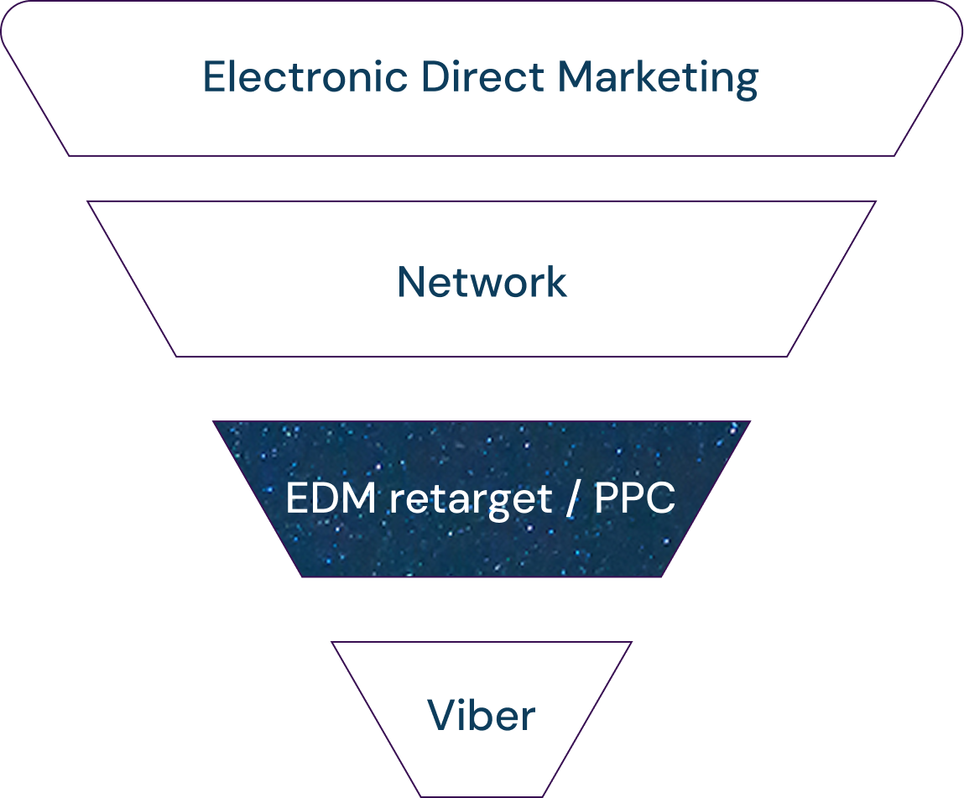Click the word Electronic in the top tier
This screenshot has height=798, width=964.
pyautogui.click(x=305, y=78)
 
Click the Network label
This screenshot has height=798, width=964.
pyautogui.click(x=482, y=283)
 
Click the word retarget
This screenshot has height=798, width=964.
pyautogui.click(x=471, y=501)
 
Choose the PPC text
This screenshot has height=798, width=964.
pyautogui.click(x=634, y=499)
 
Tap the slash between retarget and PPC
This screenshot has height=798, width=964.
pyautogui.click(x=573, y=500)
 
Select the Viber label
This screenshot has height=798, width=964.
pyautogui.click(x=481, y=716)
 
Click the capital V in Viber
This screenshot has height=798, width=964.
pyautogui.click(x=443, y=716)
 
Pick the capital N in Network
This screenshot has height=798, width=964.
pyautogui.click(x=411, y=283)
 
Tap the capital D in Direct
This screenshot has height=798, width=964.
pyautogui.click(x=433, y=78)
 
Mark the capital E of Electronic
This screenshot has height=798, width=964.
pyautogui.click(x=213, y=78)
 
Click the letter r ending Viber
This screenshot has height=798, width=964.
pyautogui.click(x=527, y=719)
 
